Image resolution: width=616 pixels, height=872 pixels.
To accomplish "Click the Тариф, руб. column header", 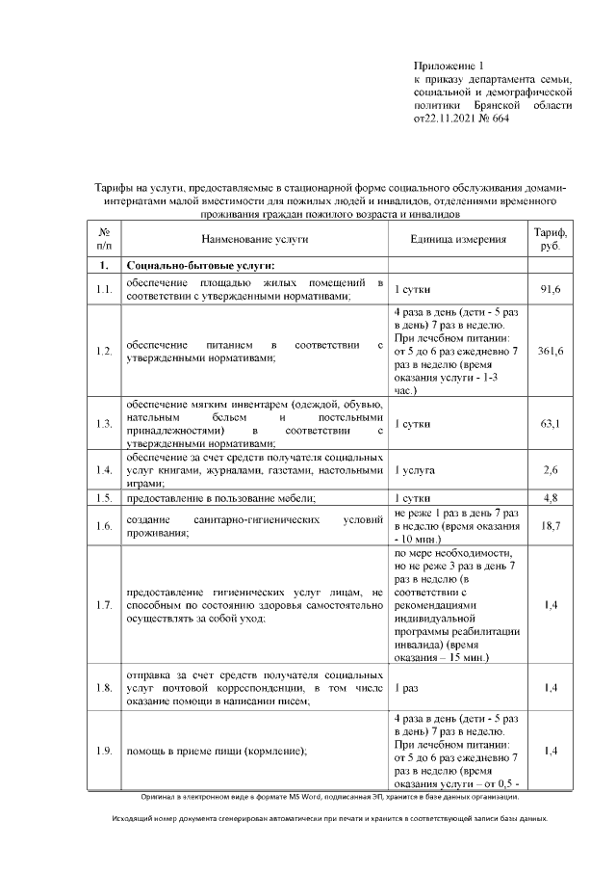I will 551,238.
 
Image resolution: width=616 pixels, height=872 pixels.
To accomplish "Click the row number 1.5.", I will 104,497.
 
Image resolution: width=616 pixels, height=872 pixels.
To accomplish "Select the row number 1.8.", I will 104,688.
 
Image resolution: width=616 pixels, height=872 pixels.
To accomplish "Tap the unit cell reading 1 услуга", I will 415,469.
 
